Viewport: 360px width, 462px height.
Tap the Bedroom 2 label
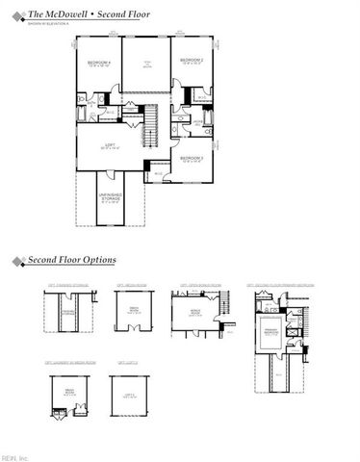tap(192, 63)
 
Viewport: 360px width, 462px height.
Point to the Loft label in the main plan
tap(112, 147)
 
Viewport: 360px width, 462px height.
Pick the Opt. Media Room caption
tap(125, 285)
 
